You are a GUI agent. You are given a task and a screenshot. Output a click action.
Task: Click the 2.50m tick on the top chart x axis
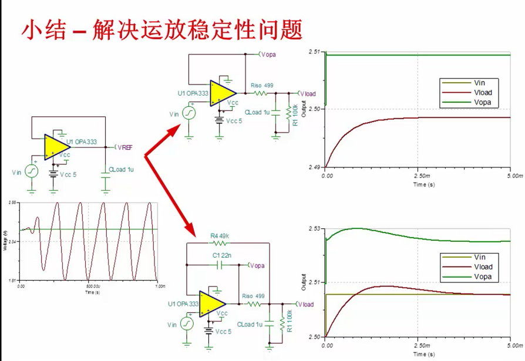tap(418, 176)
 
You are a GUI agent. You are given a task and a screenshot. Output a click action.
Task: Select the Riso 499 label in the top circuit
tap(262, 86)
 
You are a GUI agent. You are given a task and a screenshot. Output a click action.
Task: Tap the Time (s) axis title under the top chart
tap(418, 184)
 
